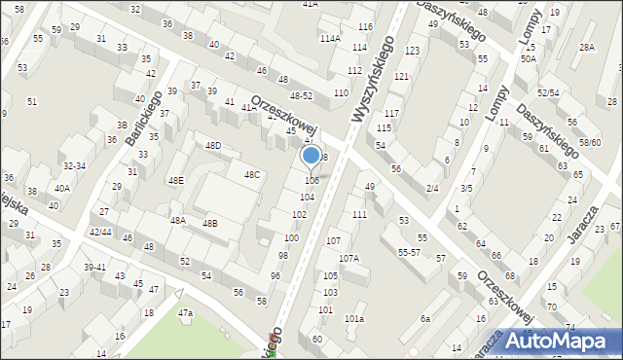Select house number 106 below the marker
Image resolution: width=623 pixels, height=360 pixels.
(x=311, y=181)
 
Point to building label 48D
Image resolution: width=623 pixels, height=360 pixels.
(x=212, y=146)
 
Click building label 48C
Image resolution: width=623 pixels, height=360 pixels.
(x=251, y=175)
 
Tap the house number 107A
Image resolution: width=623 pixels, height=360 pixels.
(x=348, y=259)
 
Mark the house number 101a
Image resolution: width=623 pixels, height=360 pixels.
(x=354, y=319)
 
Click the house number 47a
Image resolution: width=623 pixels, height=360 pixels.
(x=185, y=313)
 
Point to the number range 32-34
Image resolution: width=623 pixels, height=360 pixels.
(x=73, y=166)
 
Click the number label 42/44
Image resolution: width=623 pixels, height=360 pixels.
(x=100, y=233)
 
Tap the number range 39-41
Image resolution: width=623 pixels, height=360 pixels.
(x=94, y=268)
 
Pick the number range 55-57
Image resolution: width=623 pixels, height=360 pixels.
(x=409, y=252)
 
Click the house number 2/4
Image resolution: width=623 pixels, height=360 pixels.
(x=432, y=188)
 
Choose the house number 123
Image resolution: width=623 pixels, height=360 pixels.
(x=412, y=50)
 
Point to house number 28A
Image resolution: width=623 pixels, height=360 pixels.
(x=586, y=47)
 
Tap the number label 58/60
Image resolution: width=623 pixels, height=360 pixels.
(x=590, y=143)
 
